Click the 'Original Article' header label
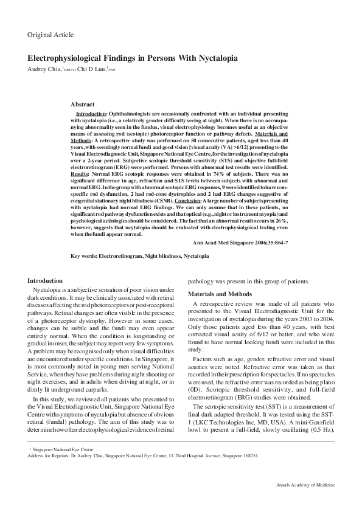coord(50,35)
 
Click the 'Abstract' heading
coord(82,105)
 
